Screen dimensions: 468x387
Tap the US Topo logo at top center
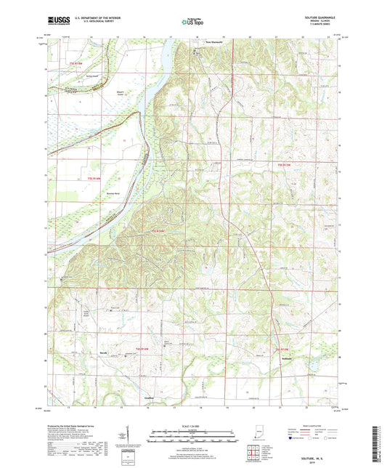click(190, 22)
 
